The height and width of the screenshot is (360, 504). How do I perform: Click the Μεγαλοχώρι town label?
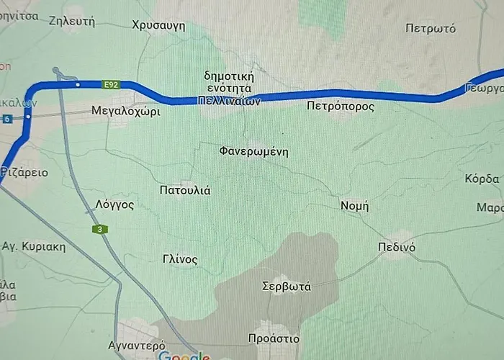(x=126, y=112)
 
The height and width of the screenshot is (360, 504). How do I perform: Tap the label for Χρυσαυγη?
(x=158, y=26)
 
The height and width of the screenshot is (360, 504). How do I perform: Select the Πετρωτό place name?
(x=431, y=30)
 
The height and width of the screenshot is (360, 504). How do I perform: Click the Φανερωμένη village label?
(x=253, y=152)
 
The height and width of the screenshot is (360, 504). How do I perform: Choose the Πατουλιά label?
(x=184, y=191)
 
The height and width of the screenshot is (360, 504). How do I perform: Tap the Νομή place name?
(x=354, y=206)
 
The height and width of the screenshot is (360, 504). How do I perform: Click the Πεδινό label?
(x=397, y=247)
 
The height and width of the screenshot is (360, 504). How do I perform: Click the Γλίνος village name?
(x=180, y=260)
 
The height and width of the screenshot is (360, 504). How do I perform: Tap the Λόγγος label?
(x=114, y=204)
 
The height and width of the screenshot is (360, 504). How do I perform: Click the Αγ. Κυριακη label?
(x=34, y=246)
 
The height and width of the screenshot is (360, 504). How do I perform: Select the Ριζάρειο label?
(x=24, y=173)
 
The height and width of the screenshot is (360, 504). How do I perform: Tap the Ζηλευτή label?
(x=72, y=21)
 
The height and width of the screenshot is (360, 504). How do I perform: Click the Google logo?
(x=183, y=356)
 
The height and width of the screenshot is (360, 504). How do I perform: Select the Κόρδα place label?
(x=482, y=179)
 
